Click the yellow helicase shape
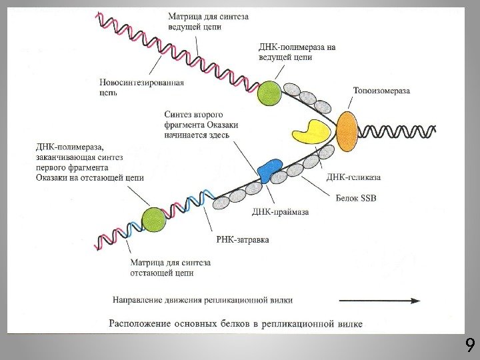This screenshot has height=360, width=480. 310,132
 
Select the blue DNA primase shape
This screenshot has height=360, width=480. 269,171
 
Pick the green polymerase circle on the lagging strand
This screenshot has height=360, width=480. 153,219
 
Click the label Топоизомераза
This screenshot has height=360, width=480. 381,91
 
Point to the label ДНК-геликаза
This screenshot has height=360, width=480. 353,177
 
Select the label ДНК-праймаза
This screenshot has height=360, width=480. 280,212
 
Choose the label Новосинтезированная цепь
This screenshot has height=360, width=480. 141,87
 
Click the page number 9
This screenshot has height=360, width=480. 469,345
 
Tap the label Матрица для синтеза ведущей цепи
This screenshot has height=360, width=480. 209,22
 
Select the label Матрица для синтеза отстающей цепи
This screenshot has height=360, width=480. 171,267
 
